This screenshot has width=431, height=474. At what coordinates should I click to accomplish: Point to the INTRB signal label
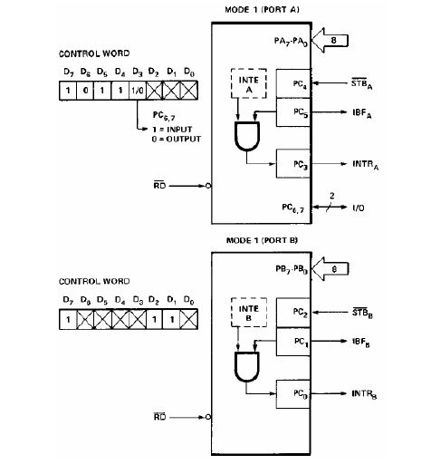[365, 396]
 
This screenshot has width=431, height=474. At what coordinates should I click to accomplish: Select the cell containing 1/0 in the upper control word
[138, 91]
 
